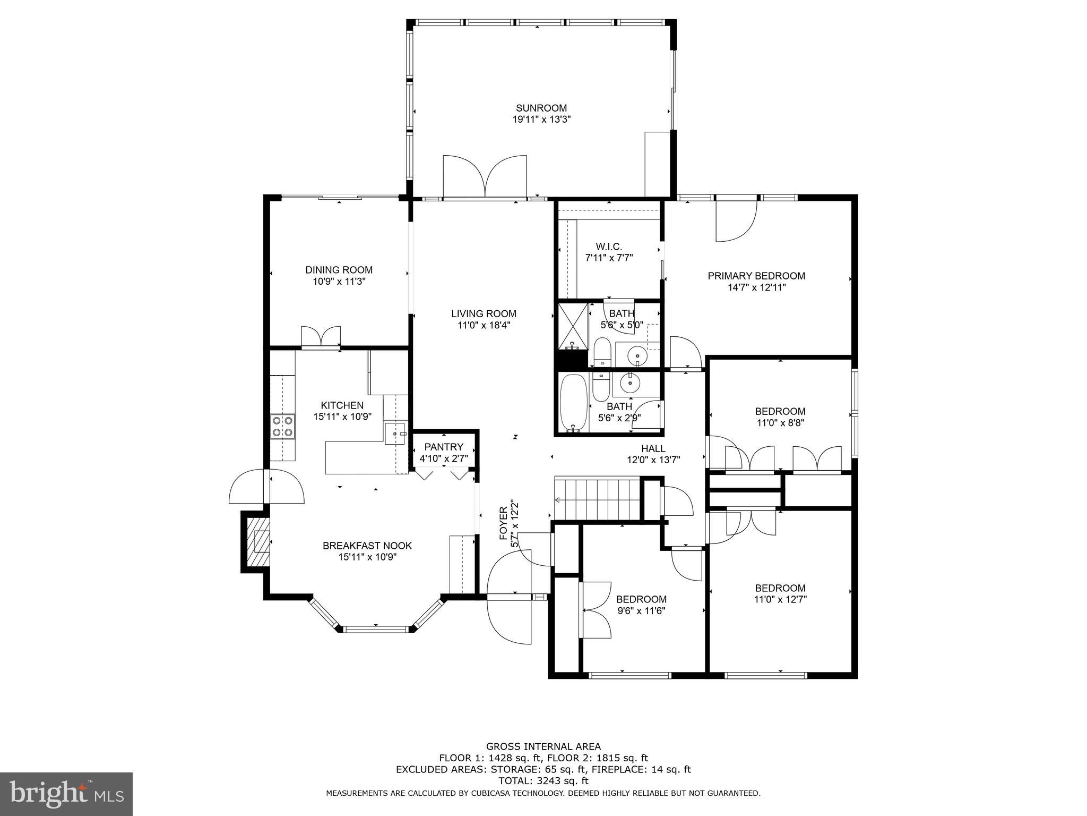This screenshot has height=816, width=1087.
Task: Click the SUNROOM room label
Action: (x=541, y=108)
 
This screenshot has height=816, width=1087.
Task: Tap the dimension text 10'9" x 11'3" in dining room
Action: (x=339, y=282)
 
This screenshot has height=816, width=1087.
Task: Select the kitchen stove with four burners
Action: (x=282, y=427)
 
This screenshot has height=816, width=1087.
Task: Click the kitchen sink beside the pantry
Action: (x=395, y=433)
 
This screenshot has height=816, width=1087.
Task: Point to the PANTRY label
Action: (x=443, y=447)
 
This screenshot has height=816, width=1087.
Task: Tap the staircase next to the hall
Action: (x=597, y=499)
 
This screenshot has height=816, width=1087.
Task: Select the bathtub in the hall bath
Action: (x=574, y=403)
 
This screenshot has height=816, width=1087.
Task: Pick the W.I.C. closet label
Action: (x=608, y=246)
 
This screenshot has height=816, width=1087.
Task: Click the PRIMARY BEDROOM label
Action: (x=756, y=276)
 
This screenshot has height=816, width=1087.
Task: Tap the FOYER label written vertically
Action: (x=504, y=523)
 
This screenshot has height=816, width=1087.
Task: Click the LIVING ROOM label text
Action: (x=484, y=314)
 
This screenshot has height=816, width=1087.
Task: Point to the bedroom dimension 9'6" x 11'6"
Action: (x=641, y=611)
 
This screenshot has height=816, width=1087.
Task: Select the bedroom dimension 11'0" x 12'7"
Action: (x=780, y=600)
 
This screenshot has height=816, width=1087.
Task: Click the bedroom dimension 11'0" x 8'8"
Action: (x=780, y=423)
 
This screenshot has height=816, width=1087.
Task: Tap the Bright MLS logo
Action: (x=66, y=794)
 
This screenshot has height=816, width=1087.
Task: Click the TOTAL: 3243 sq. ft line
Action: (x=543, y=781)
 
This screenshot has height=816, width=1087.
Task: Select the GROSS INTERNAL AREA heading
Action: (x=543, y=746)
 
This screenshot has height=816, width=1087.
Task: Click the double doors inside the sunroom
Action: (x=485, y=176)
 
